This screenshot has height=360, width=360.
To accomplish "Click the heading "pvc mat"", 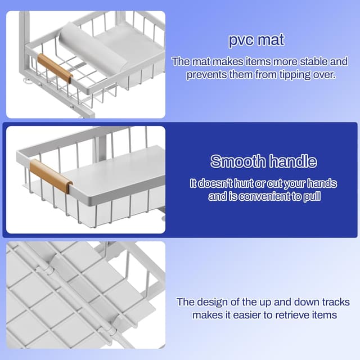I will point(256,40).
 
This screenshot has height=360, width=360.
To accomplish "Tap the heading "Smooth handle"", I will point(263,162).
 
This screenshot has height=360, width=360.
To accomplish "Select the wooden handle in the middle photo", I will point(51,175).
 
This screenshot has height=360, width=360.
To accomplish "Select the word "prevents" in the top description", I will point(208,74).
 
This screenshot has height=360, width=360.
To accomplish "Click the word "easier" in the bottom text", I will point(246,315).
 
